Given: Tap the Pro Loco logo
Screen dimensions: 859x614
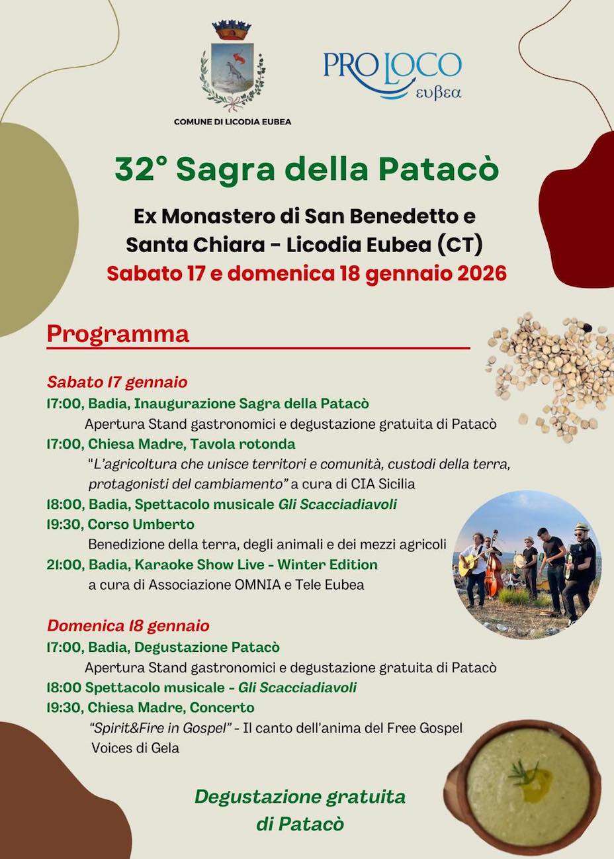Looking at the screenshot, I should coord(392,73).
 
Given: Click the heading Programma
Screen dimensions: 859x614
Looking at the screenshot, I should coord(118,334).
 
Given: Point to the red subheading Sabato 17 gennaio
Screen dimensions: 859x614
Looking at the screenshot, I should coord(117,382).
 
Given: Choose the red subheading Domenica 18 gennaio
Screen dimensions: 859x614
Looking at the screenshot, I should coord(128,625).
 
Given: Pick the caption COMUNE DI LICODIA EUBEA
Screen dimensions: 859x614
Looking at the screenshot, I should coord(232,122).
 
